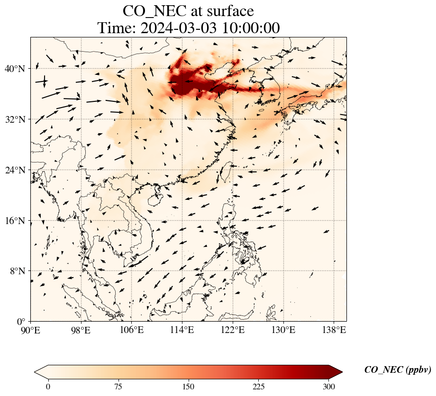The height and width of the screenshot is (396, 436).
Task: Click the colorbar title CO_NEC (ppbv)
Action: (x=398, y=370)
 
